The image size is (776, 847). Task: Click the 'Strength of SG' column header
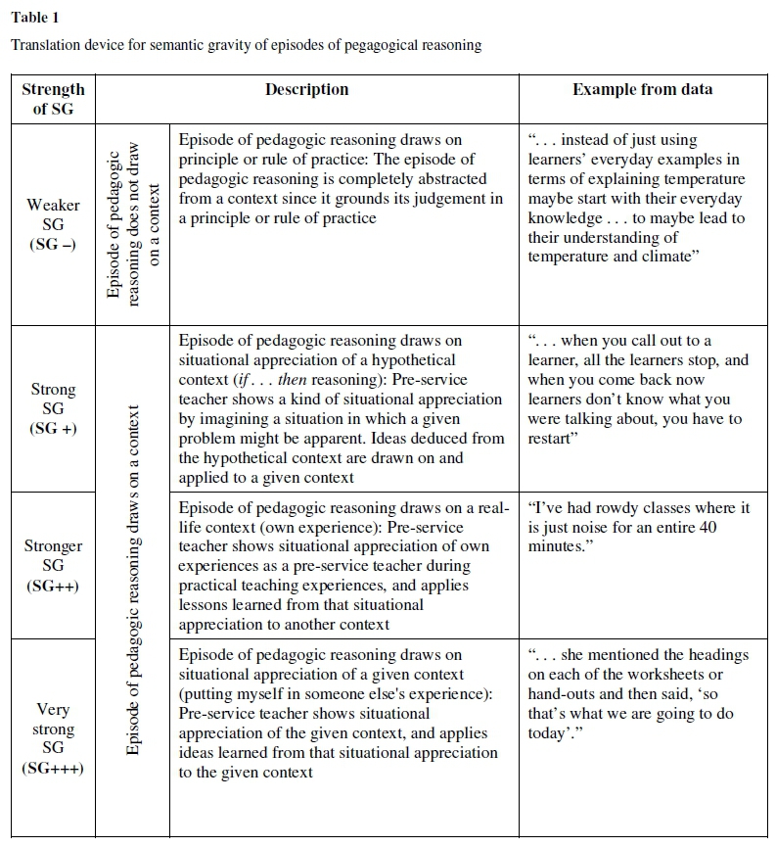click(53, 99)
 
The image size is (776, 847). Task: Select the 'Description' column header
click(306, 90)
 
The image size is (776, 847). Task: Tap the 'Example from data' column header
click(642, 90)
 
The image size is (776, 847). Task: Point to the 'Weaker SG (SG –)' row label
click(53, 224)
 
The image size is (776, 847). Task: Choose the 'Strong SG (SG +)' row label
click(53, 408)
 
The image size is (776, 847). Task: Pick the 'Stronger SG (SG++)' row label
click(53, 565)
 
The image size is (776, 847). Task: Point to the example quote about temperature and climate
click(636, 199)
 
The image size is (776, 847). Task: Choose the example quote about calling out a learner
click(636, 390)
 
